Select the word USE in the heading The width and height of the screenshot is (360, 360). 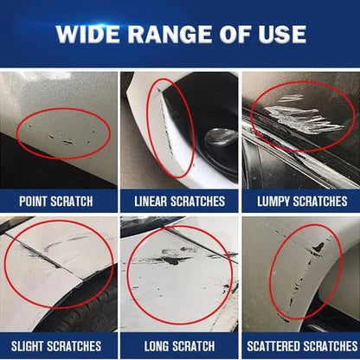pos(282,35)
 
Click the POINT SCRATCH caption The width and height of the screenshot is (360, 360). pos(59,201)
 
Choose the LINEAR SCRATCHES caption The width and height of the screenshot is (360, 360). pos(180,201)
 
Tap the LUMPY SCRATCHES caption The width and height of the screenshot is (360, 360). pos(300,201)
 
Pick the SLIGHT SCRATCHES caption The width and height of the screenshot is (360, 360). pos(59,344)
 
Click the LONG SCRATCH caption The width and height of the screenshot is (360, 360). pos(180,344)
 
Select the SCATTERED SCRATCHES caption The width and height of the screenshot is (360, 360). pos(300,344)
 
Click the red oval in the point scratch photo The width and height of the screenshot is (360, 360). pos(62,132)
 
